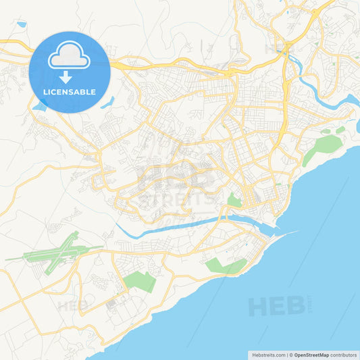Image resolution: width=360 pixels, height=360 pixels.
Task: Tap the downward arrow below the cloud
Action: (70, 77)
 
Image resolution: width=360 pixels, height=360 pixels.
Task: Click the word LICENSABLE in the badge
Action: (70, 92)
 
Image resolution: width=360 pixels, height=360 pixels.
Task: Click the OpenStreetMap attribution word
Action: (311, 354)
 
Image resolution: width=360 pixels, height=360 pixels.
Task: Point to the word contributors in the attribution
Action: (344, 354)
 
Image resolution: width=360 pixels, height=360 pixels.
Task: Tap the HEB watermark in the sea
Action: (276, 306)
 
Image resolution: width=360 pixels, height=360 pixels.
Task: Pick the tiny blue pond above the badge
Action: (22, 24)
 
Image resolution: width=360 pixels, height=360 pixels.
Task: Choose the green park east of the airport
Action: (140, 281)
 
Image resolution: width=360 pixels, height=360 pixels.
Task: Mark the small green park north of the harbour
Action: (234, 200)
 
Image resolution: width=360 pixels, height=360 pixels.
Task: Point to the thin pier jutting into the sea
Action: (284, 234)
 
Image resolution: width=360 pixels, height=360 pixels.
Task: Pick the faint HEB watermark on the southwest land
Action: (73, 305)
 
